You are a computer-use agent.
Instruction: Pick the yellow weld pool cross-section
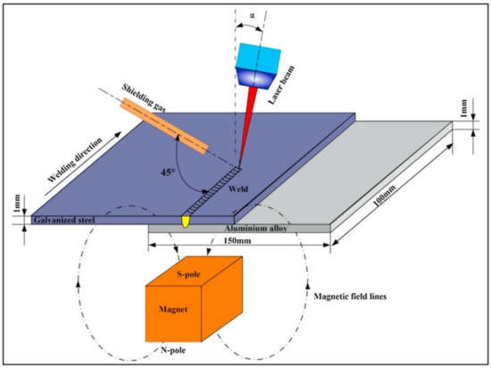point(186,220)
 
